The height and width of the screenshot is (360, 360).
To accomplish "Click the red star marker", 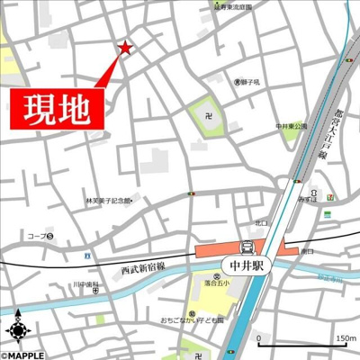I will point(124,48).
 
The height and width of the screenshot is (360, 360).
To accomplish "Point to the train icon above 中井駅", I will point(246,247).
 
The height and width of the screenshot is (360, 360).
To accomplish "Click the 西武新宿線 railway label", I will point(145,266).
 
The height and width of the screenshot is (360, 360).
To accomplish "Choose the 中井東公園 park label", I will point(292,126).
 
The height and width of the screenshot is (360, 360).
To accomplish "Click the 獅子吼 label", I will point(247,82).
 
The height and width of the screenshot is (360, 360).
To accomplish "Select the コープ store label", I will point(39,237).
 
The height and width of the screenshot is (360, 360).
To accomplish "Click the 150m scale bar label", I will point(345,338).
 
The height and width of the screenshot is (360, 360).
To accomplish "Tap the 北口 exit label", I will point(261,222).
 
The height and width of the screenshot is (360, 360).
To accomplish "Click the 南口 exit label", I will point(308,252).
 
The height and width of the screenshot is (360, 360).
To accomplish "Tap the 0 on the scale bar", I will point(259,338).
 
